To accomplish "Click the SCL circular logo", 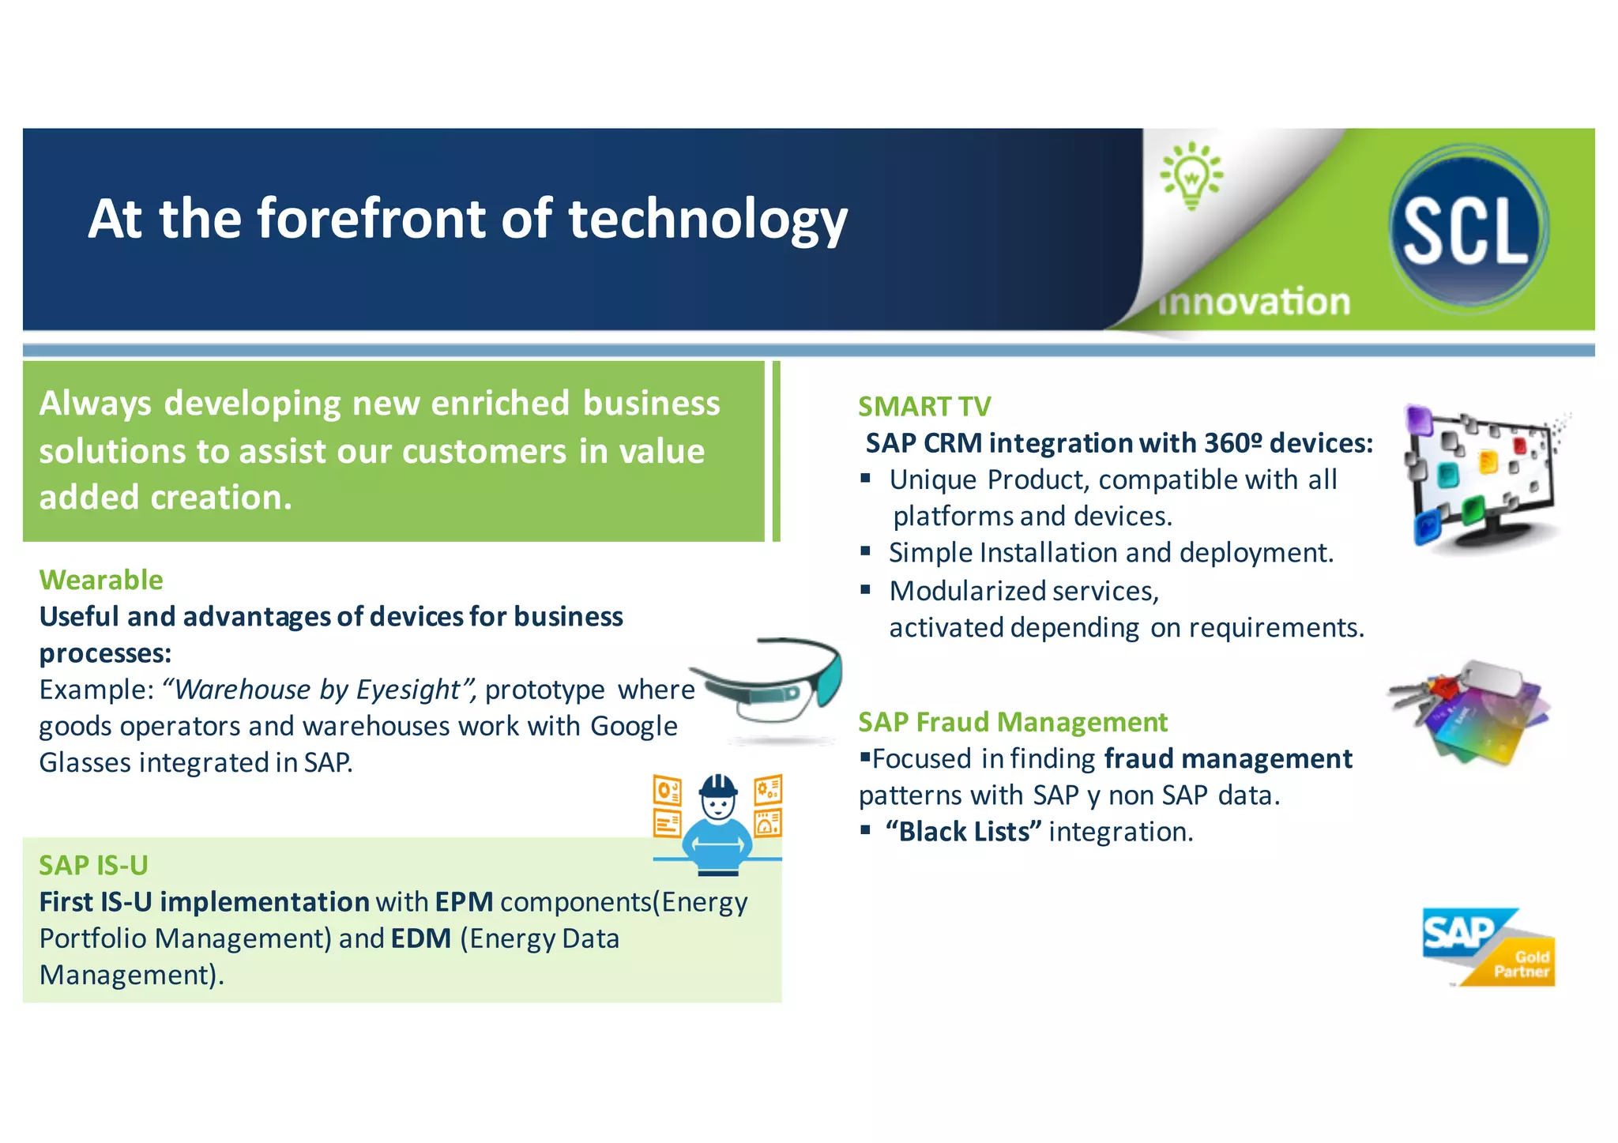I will pos(1468,229).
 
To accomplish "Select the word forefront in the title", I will pos(372,219).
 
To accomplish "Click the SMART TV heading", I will pos(924,407).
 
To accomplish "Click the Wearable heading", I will pos(101,580).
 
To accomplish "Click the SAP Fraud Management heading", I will pos(1012,722).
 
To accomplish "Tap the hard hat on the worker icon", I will pos(718,786).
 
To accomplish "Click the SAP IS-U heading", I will pos(93,866).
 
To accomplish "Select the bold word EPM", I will pos(464,902).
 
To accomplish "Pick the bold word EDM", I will pos(421,938).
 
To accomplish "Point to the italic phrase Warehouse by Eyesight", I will pos(317,690).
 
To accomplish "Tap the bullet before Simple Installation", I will pos(866,551).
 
